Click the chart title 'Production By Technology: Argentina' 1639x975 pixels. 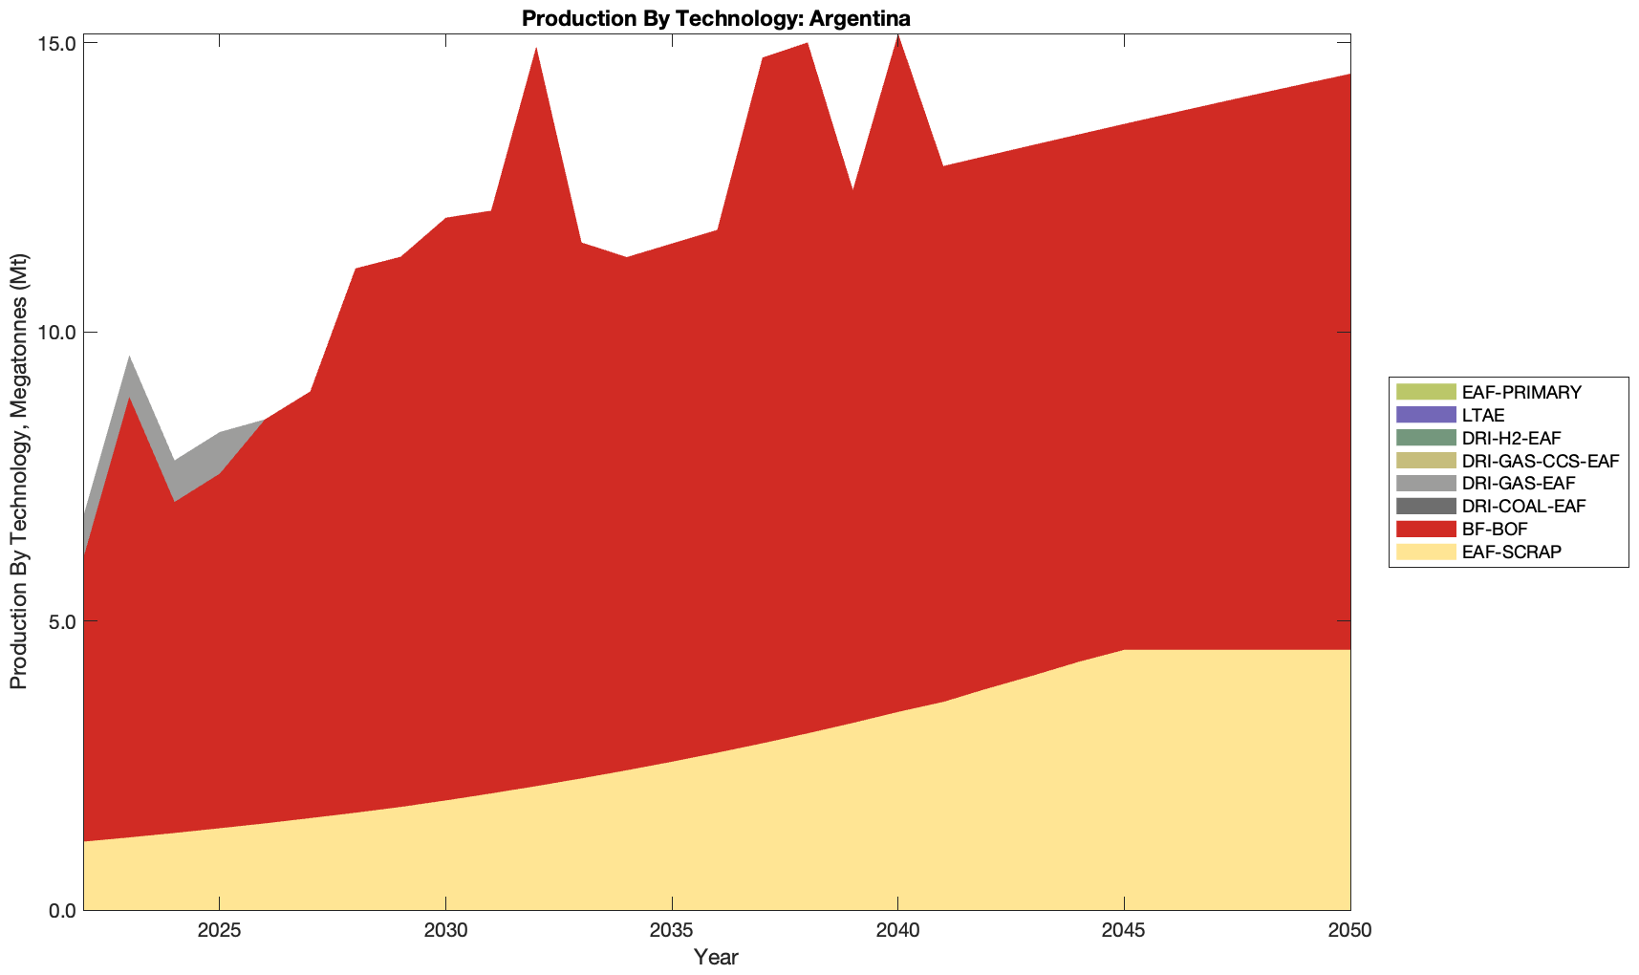(716, 18)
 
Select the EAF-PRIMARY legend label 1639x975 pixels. (1521, 392)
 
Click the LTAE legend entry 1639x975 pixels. (1483, 415)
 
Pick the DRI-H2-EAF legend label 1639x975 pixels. (1511, 438)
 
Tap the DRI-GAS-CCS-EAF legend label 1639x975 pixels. (1540, 461)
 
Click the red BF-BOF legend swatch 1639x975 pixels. (1425, 529)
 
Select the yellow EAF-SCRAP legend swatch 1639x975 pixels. (1425, 552)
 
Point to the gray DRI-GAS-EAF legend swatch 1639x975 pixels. (1425, 483)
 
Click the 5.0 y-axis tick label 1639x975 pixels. (63, 621)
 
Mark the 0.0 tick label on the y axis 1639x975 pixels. (63, 910)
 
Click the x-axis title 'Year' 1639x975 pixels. (716, 957)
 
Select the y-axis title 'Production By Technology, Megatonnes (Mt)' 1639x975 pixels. (18, 471)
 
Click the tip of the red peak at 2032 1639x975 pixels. (536, 48)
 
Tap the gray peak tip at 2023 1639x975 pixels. (129, 357)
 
